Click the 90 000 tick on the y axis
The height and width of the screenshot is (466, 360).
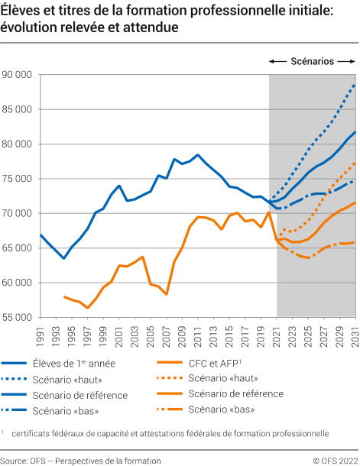(16, 75)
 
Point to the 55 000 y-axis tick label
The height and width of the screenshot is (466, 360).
(16, 317)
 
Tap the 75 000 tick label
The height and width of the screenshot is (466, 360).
(16, 179)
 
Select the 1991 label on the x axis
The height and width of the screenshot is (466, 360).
(40, 333)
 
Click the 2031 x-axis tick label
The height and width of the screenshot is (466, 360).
(355, 333)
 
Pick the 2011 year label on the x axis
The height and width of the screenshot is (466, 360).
(198, 333)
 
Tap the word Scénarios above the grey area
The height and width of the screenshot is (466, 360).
(312, 61)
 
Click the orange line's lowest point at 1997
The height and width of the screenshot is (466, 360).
(87, 308)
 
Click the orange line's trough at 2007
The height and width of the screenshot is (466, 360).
(167, 294)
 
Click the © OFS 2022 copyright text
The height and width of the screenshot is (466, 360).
(335, 461)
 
